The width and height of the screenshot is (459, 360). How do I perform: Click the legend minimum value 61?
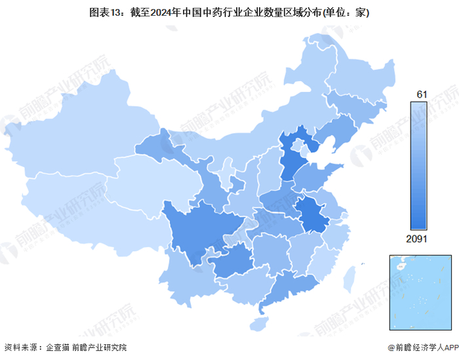(421, 95)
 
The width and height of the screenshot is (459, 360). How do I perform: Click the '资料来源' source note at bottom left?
(23, 348)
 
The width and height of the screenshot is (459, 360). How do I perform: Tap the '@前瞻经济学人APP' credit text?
(416, 348)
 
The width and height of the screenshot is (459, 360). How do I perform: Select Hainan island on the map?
(260, 323)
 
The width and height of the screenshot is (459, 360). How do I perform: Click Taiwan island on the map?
(349, 275)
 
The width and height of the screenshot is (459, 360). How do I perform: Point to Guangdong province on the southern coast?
(285, 289)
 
